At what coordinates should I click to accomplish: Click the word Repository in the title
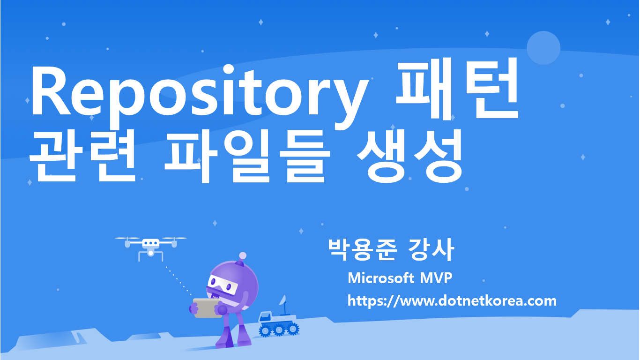coord(197,94)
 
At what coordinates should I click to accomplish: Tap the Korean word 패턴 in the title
coord(457,89)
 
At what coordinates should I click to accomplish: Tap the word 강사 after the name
coord(431,250)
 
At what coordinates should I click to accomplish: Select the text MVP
coord(436,278)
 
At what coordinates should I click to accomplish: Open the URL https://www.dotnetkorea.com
coord(452,300)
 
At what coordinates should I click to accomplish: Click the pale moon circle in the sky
coord(543,48)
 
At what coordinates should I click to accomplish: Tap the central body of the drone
coord(151,244)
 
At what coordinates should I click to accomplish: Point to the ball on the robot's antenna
coord(242,255)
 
